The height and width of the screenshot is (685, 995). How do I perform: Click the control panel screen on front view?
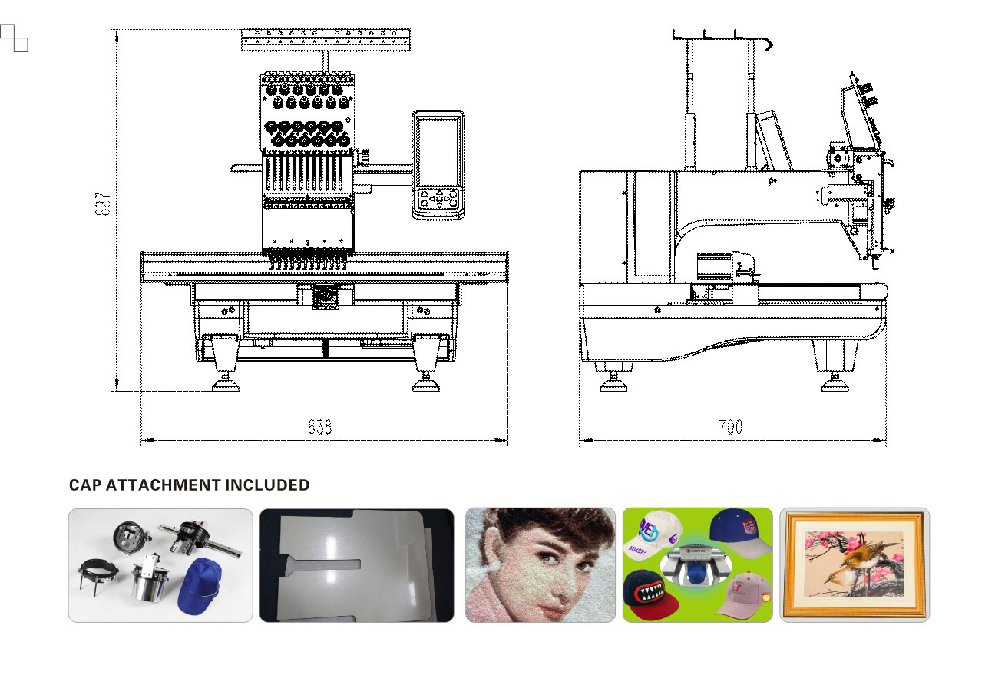point(438,148)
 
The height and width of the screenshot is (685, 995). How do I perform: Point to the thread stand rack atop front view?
point(326,40)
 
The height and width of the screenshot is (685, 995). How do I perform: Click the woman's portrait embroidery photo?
point(540,564)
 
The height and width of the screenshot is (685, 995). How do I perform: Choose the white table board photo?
point(356,564)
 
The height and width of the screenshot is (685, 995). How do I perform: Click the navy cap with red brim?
point(739,534)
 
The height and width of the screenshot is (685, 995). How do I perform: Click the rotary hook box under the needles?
point(325,296)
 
